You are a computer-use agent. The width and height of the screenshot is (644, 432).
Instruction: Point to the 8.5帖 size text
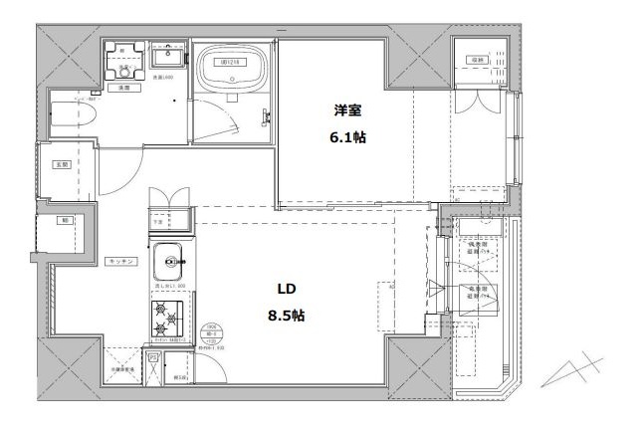coord(287,316)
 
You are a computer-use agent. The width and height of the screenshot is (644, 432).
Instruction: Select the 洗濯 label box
coord(124,89)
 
